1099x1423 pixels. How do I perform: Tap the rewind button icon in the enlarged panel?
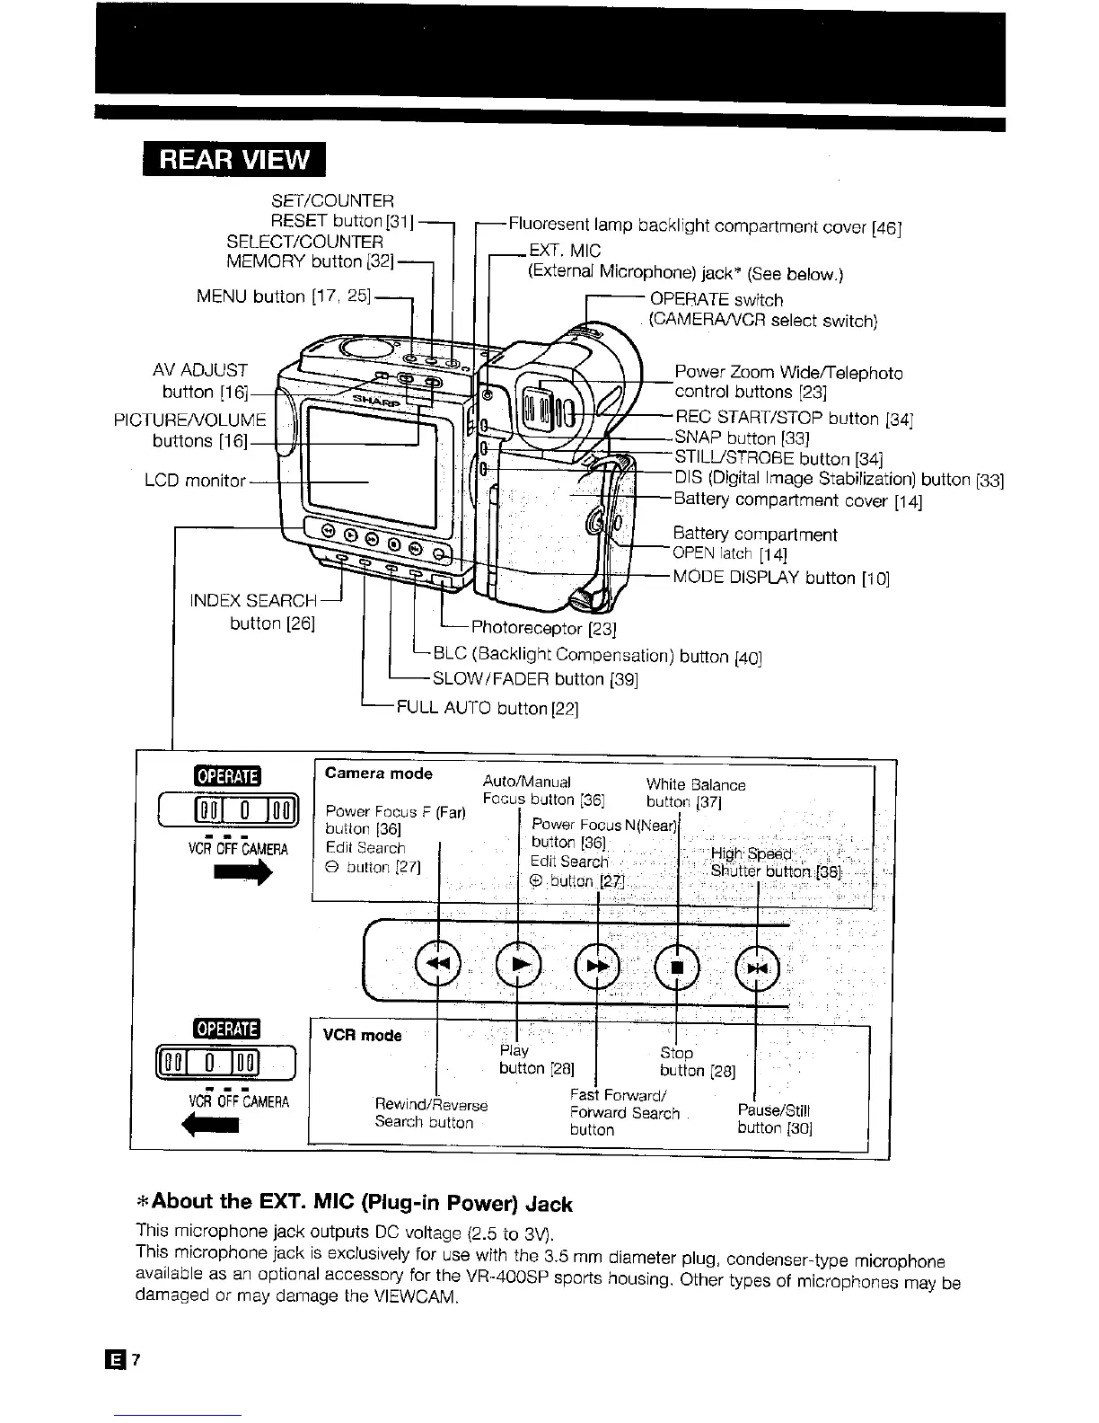[438, 964]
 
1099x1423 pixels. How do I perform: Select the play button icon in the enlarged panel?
[519, 964]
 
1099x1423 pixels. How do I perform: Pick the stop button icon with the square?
[678, 967]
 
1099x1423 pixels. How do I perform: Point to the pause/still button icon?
[758, 967]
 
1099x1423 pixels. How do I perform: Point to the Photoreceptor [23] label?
[543, 627]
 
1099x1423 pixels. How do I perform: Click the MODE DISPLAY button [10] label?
[781, 578]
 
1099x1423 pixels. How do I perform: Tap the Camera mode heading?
[378, 773]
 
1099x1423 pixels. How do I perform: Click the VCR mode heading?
[362, 1035]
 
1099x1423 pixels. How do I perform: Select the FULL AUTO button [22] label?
[488, 709]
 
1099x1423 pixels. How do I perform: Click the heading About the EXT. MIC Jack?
[354, 1203]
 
